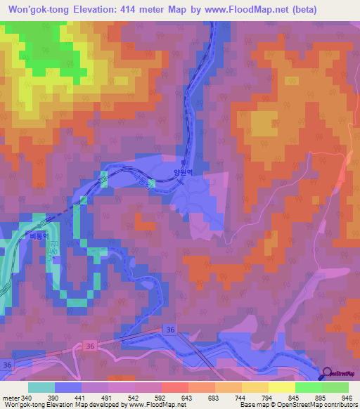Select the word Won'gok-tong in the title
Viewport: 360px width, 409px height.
pyautogui.click(x=34, y=10)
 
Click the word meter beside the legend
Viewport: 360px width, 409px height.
pyautogui.click(x=10, y=397)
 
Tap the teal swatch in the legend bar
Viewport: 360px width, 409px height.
pyautogui.click(x=41, y=387)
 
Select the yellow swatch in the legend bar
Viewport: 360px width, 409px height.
pyautogui.click(x=282, y=387)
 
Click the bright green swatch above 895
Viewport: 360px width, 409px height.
pyautogui.click(x=309, y=387)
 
